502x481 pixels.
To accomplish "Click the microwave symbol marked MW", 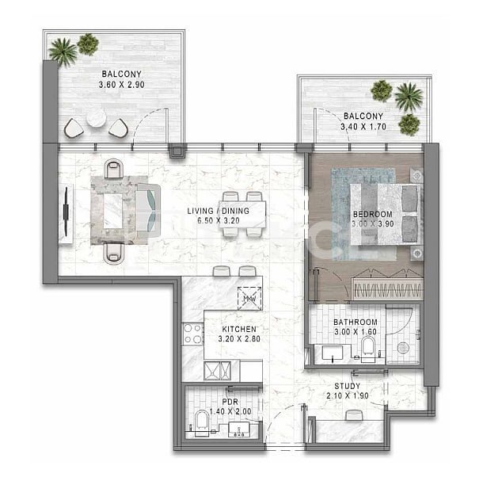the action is pyautogui.click(x=249, y=298).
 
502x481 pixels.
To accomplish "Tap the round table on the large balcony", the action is pyautogui.click(x=96, y=118).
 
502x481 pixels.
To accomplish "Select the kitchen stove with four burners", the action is pyautogui.click(x=192, y=334).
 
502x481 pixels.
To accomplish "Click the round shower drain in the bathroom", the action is pyautogui.click(x=402, y=348).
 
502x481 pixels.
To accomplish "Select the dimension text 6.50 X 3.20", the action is pyautogui.click(x=219, y=220).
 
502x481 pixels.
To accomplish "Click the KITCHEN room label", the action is pyautogui.click(x=239, y=329).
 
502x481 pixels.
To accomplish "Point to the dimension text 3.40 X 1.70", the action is pyautogui.click(x=363, y=127).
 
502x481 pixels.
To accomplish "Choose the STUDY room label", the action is pyautogui.click(x=348, y=386).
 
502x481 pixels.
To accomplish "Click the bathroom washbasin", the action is pyautogui.click(x=333, y=353).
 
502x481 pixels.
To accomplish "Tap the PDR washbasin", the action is pyautogui.click(x=239, y=429).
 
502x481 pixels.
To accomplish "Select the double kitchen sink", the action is pyautogui.click(x=218, y=371).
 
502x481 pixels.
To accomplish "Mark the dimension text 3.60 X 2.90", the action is pyautogui.click(x=122, y=85).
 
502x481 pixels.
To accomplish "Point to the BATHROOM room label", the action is pyautogui.click(x=356, y=322).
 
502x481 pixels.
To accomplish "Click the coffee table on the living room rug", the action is pyautogui.click(x=112, y=211).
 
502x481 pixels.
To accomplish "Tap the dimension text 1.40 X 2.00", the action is pyautogui.click(x=230, y=411).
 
